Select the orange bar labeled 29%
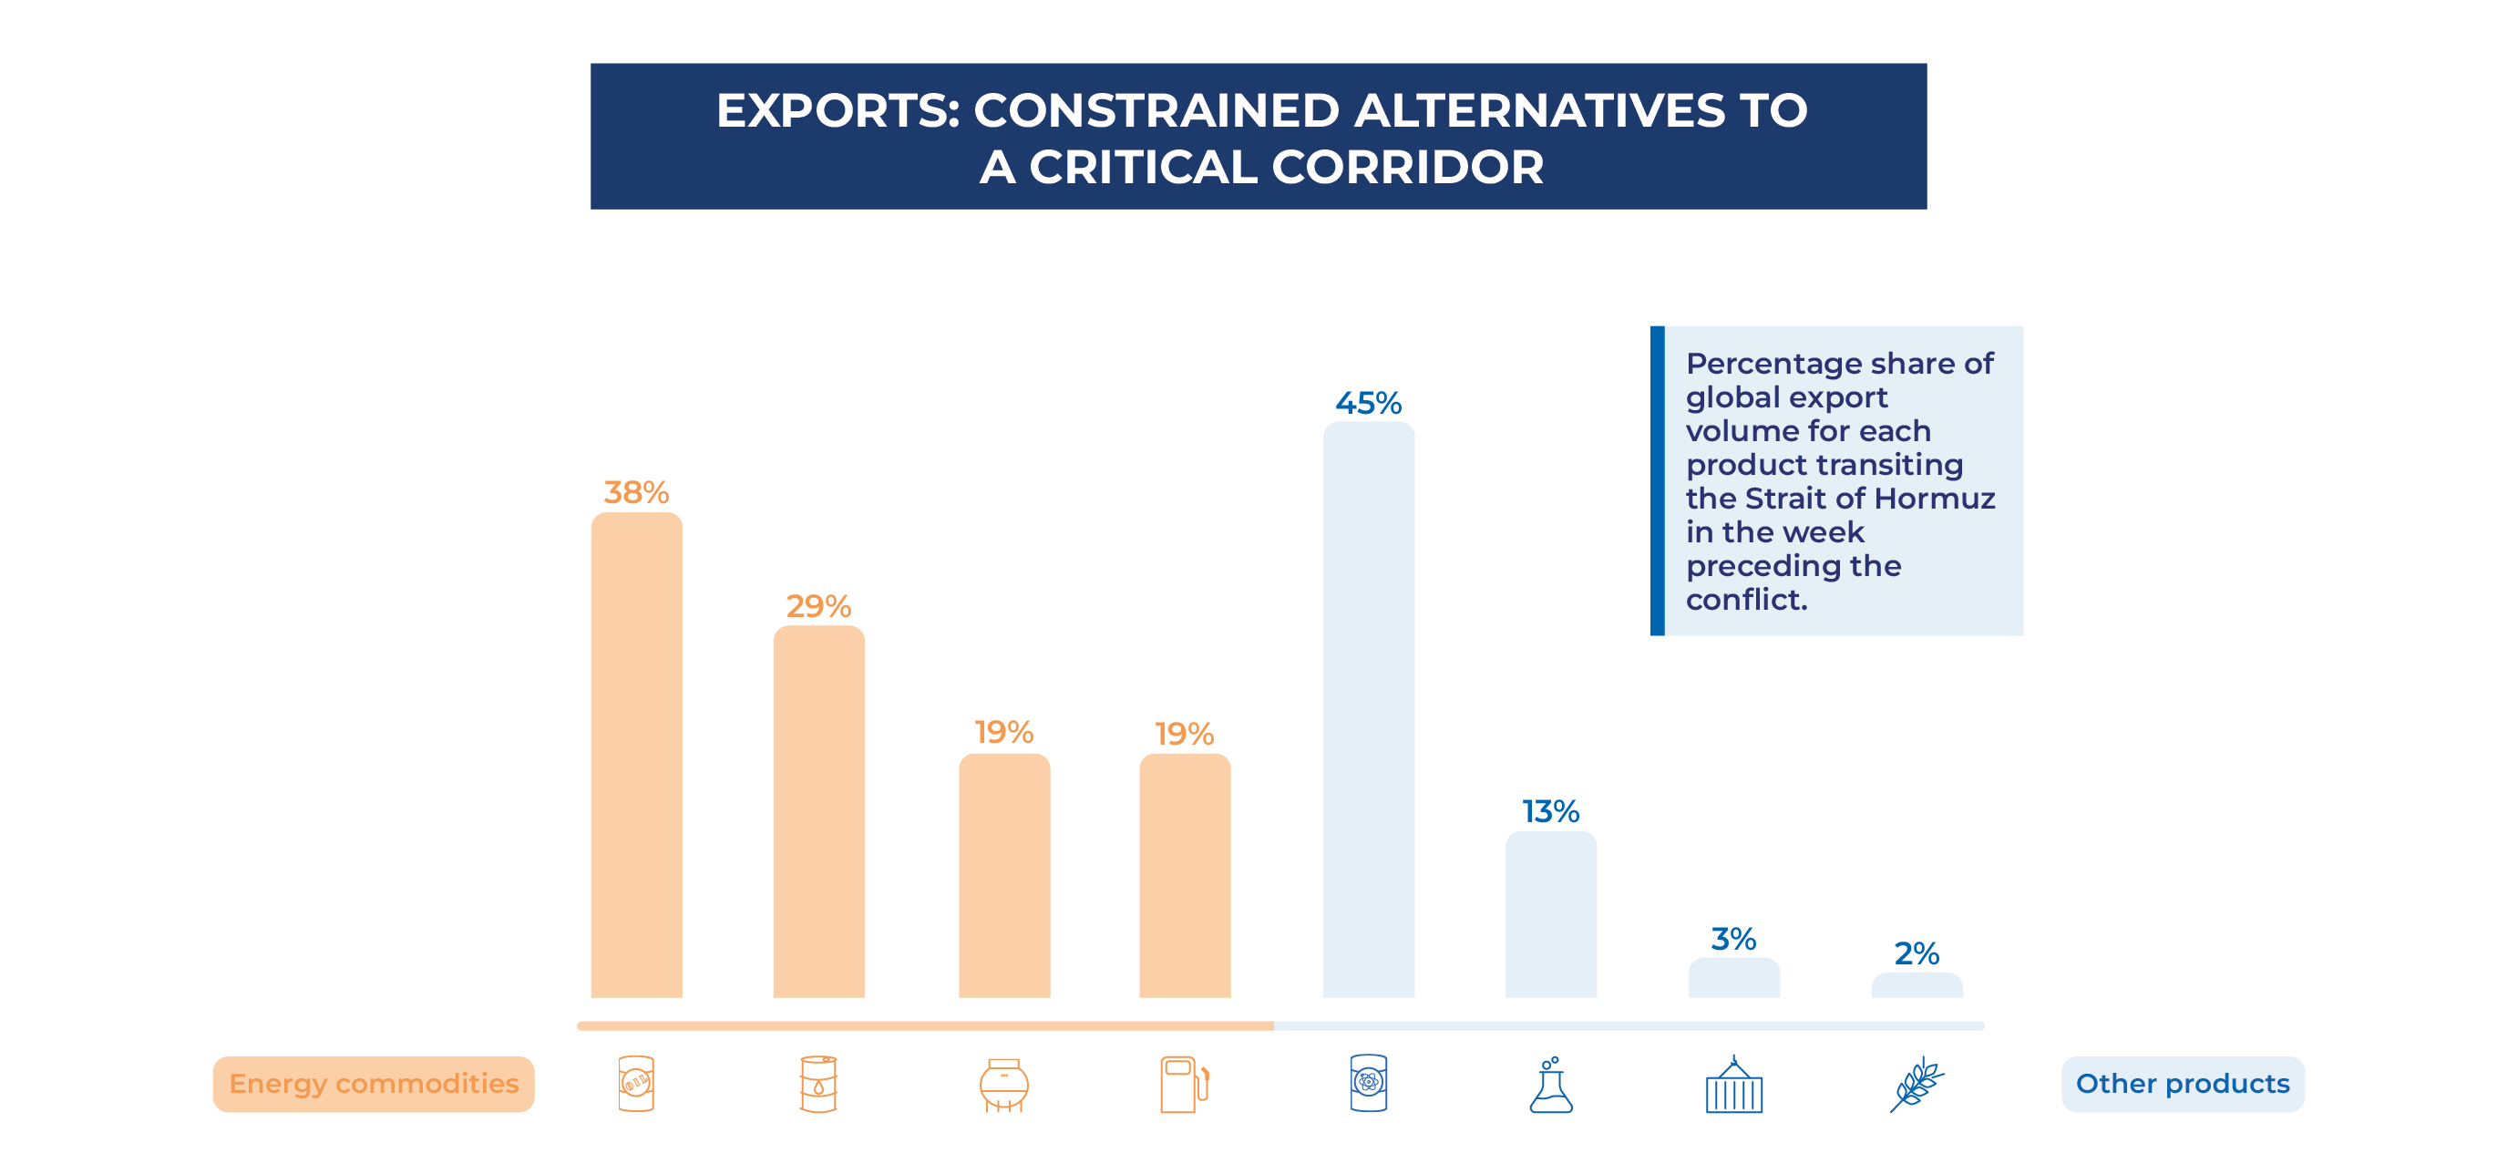[818, 811]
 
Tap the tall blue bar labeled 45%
[1369, 710]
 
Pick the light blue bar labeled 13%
[1550, 915]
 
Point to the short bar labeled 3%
[1733, 977]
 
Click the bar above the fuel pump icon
[1184, 875]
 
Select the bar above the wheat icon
[1917, 985]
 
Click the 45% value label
[1369, 403]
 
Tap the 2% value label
[1916, 953]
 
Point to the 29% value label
[818, 606]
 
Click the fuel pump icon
[1184, 1084]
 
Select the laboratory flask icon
[1550, 1085]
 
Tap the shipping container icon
[1733, 1085]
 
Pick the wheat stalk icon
[1916, 1084]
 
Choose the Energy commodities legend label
[374, 1084]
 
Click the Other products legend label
[2182, 1084]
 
